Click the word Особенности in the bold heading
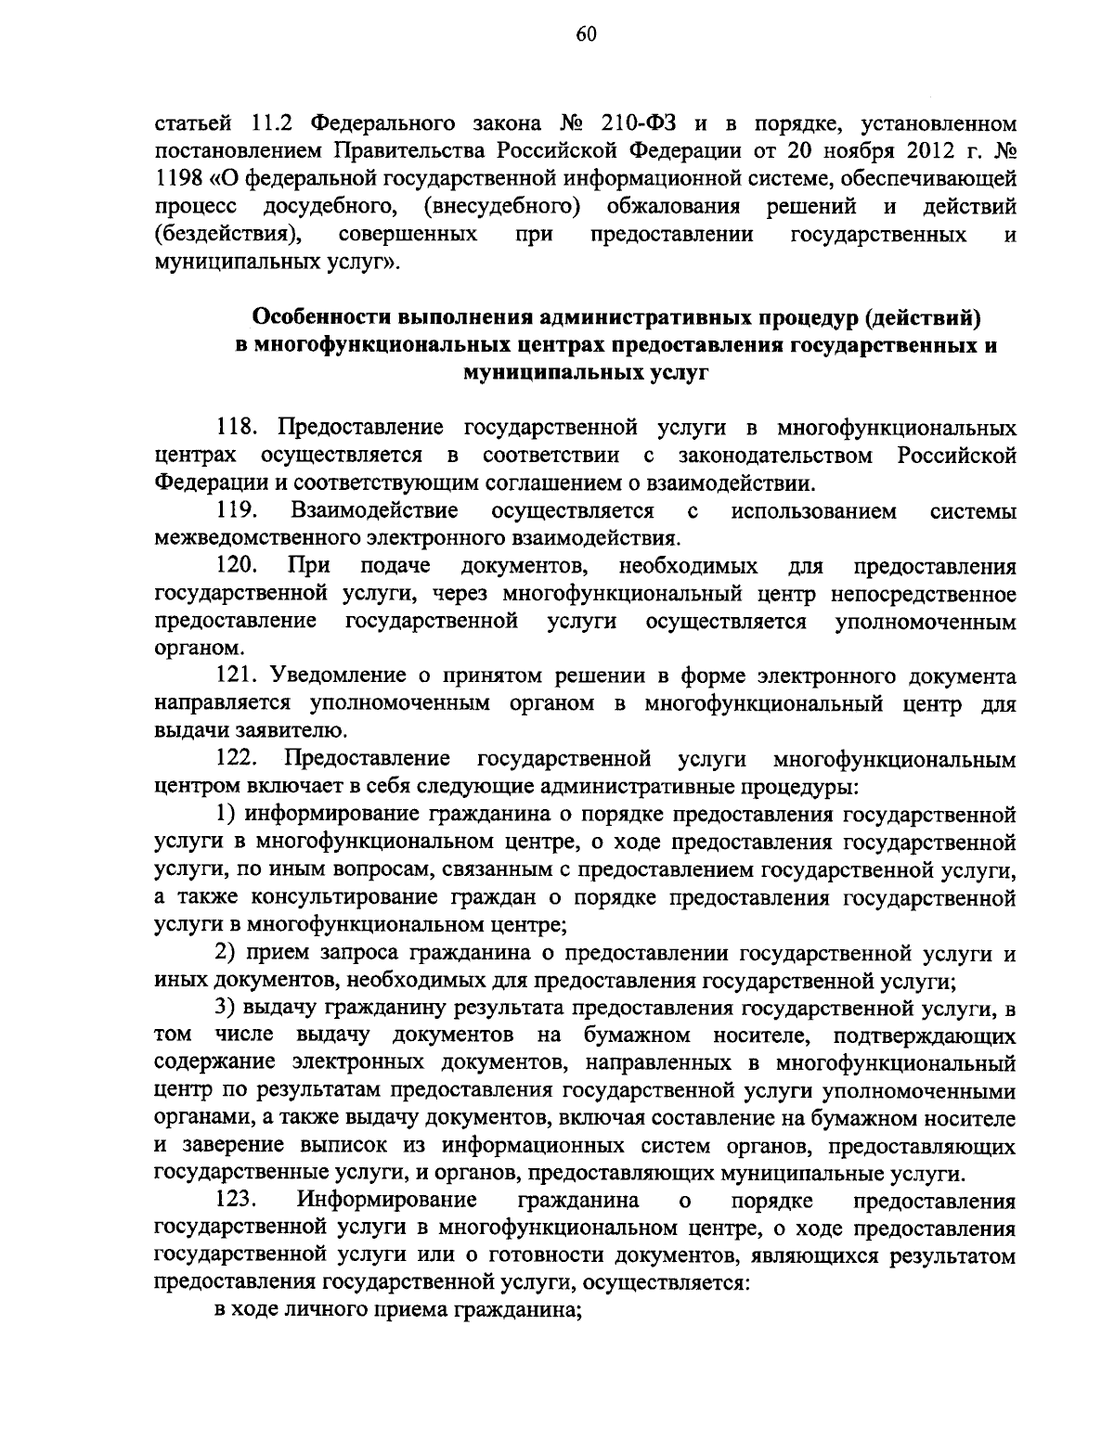[319, 318]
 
